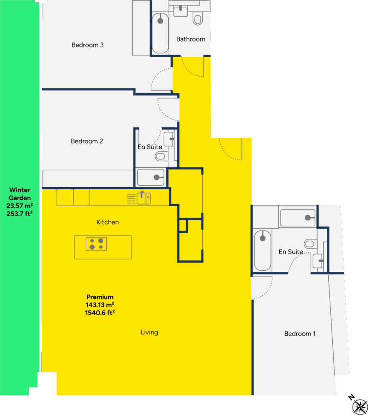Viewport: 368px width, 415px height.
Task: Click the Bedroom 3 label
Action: click(88, 45)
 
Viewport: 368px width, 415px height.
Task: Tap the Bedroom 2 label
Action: click(87, 141)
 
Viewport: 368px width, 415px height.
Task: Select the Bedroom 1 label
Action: click(300, 334)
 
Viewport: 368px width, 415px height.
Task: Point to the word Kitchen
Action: click(107, 222)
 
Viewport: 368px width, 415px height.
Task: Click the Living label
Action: click(149, 332)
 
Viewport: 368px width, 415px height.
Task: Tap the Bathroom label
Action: click(190, 39)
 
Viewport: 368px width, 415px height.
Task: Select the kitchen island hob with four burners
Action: click(96, 244)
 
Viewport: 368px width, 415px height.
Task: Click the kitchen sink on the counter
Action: click(144, 198)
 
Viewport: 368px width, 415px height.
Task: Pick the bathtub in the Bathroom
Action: click(160, 33)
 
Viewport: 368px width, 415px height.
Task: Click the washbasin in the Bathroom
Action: click(181, 11)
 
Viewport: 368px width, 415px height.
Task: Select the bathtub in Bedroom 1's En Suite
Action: click(262, 250)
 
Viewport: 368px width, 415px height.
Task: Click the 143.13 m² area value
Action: click(100, 305)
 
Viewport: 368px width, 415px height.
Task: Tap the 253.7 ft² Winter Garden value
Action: click(19, 214)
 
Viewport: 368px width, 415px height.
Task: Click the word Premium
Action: click(100, 297)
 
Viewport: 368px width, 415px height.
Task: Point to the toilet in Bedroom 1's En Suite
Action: click(310, 244)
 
